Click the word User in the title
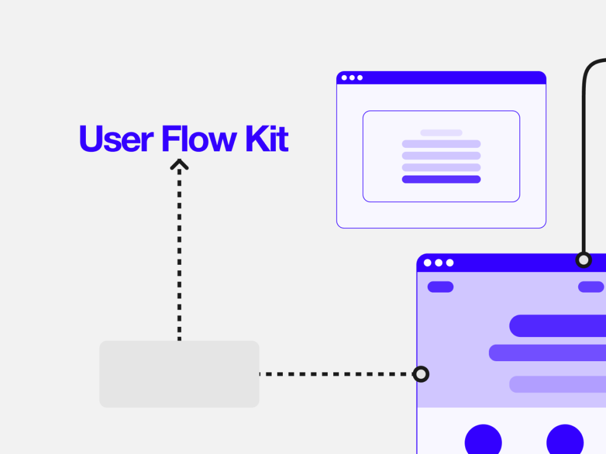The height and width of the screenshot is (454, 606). point(117,138)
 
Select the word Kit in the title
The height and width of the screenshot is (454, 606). point(267,138)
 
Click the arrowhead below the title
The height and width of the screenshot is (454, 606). point(179,164)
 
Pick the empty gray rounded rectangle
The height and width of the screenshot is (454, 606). point(179,374)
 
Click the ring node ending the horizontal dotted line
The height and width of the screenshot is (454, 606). point(421,374)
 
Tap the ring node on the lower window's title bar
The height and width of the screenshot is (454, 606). point(584,260)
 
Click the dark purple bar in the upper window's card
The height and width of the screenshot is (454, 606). point(441,179)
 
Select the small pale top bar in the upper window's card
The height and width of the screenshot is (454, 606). point(441,133)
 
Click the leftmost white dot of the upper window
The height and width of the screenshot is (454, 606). point(344,77)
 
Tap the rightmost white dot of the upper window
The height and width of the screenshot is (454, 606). point(360,77)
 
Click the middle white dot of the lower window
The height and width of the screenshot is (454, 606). point(439,263)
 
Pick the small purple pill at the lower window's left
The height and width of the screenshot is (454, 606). point(440,287)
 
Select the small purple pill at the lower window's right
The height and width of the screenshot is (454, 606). point(591,287)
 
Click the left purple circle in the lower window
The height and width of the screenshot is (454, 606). point(483,439)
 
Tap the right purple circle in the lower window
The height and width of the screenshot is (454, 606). point(565,439)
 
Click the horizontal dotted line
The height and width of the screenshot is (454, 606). point(336,374)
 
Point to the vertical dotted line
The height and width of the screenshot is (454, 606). point(179,255)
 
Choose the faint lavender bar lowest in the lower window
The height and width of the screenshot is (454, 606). point(557,384)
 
